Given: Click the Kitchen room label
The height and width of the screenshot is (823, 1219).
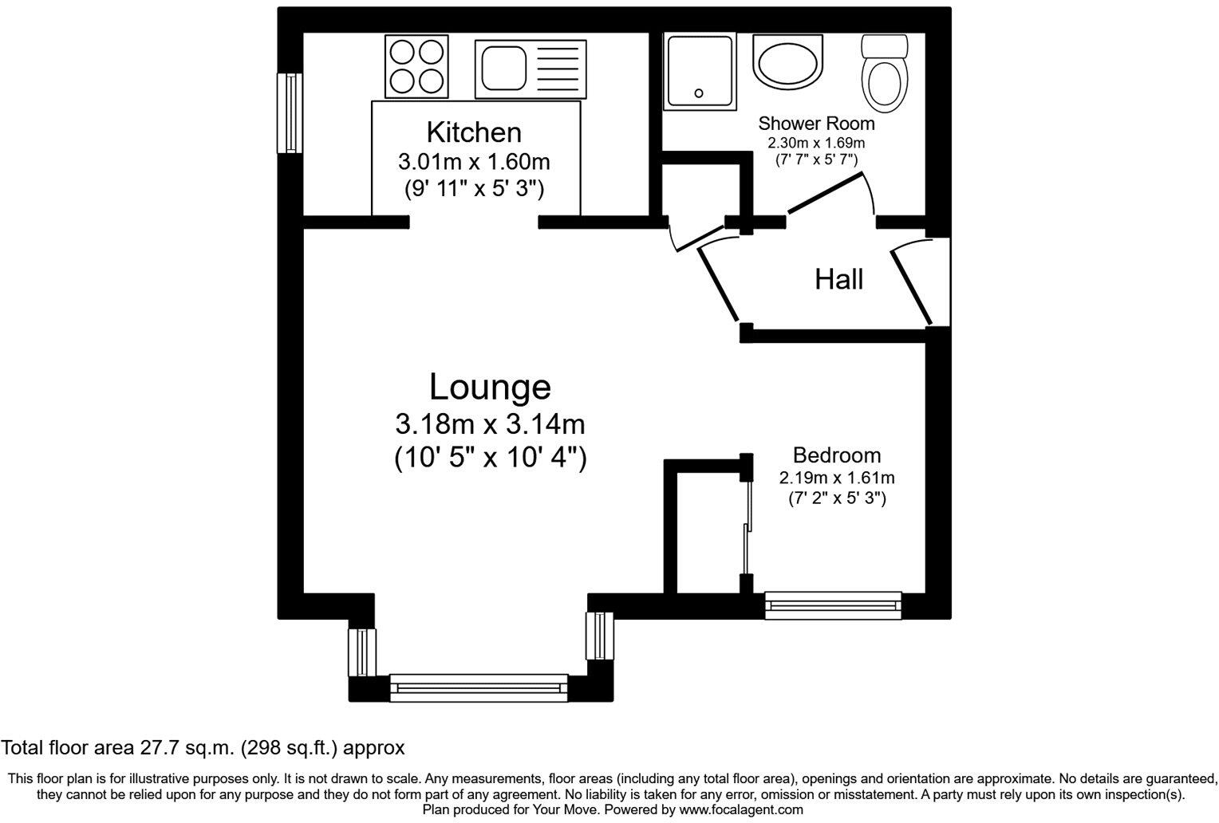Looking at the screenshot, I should [474, 132].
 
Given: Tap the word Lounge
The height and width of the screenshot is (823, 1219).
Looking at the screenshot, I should [490, 387].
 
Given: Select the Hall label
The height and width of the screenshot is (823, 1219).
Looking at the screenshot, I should [838, 279].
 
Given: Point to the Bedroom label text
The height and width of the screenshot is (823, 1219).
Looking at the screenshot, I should [836, 455].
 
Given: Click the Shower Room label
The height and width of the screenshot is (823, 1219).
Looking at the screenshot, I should [815, 124].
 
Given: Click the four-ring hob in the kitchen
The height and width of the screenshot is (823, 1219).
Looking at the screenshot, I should [415, 66].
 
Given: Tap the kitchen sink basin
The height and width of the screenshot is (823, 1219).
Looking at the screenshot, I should [502, 67].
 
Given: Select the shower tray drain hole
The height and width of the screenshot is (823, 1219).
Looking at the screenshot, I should [700, 93].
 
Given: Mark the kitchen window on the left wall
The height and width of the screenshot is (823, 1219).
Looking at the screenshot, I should [290, 112].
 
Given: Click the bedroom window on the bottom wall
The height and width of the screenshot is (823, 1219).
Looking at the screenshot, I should [833, 605].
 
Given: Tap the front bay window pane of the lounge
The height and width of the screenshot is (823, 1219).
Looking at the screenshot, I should [479, 687].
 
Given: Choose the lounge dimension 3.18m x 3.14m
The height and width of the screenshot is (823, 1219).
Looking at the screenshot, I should [490, 423].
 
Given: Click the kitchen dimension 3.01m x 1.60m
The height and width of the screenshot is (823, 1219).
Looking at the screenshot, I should [474, 162].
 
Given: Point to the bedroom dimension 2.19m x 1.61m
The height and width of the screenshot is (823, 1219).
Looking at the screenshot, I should [836, 478].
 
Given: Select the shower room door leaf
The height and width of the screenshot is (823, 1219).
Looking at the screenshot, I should [826, 194].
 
